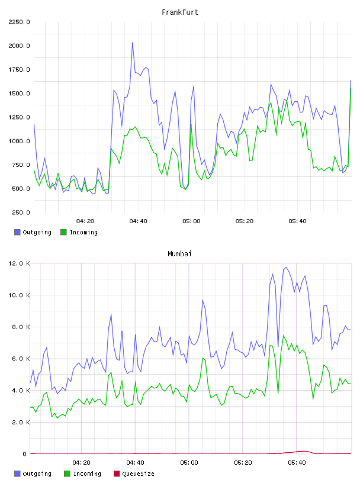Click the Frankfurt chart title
coord(180,12)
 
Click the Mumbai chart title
coord(179,254)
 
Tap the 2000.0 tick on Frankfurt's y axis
coord(19,46)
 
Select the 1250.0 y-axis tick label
coord(19,117)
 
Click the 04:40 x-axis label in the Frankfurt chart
coord(138,221)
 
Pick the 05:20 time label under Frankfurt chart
coord(245,221)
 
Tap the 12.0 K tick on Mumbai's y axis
coord(19,263)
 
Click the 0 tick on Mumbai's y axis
coord(25,454)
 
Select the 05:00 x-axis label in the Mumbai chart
coord(189,463)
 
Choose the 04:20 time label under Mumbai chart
coord(81,463)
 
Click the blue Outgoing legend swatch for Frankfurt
coord(17,232)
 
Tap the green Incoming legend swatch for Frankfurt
coord(63,232)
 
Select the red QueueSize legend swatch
coord(117,474)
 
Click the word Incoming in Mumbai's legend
coord(87,474)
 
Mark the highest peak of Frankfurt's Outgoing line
coord(133,43)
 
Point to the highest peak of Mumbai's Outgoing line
coord(286,267)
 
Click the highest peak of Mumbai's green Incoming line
coord(283,336)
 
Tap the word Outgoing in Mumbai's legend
coord(37,474)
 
